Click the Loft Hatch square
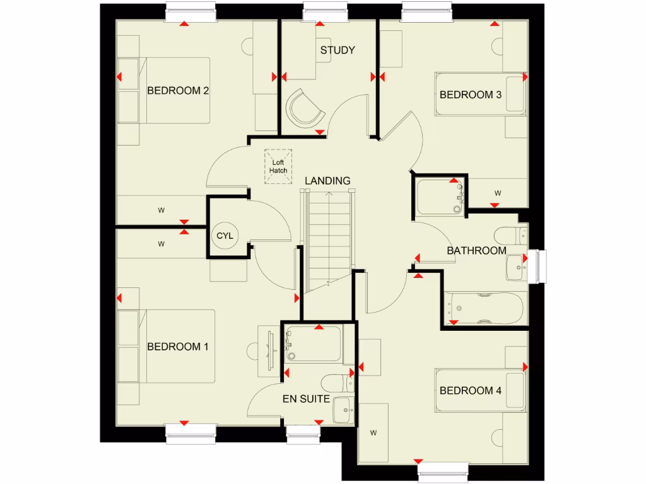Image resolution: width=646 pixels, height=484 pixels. point(278,166)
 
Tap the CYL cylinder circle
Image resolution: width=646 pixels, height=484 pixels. point(225,236)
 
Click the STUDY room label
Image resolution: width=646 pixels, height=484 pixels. point(338,50)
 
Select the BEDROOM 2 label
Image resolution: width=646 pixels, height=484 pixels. point(178,90)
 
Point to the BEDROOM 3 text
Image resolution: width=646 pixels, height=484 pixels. point(470,95)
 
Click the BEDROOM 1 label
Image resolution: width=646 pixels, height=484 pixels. point(178,347)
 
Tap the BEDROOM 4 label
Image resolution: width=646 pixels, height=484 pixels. point(470,391)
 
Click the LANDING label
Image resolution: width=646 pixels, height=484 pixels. point(327,181)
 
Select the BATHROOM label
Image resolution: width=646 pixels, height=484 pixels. point(476,250)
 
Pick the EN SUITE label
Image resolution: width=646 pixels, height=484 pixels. point(306,398)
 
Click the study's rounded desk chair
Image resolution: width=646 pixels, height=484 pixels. point(305,108)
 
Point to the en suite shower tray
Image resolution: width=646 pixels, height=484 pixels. point(314,343)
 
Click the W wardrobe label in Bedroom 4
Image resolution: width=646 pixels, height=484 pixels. point(373,433)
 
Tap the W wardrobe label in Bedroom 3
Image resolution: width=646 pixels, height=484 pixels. point(498,193)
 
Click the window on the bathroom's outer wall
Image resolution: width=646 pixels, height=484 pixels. point(539,265)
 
